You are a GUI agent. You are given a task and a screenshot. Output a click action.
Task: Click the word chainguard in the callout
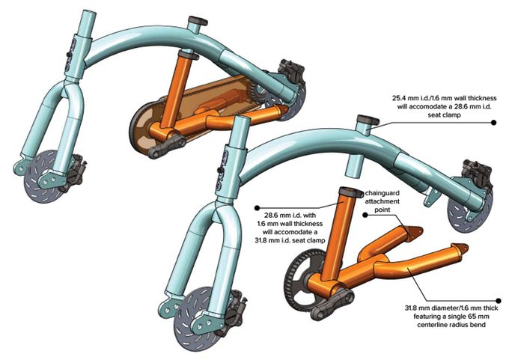click(x=382, y=193)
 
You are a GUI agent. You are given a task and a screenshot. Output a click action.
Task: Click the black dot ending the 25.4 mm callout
click(x=494, y=123)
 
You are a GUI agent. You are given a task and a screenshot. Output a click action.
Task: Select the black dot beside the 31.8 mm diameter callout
click(x=499, y=301)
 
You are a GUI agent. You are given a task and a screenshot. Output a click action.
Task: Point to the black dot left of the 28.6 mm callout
click(x=257, y=208)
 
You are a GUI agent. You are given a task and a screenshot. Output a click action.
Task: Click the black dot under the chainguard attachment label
click(x=365, y=215)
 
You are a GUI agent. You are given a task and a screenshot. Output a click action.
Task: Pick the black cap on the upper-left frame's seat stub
click(x=198, y=20)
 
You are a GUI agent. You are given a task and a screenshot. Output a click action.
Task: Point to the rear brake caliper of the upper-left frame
click(x=293, y=71)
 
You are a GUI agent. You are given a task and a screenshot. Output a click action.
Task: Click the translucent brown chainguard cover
click(x=195, y=107)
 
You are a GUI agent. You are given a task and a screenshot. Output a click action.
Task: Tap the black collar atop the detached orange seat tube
click(x=351, y=192)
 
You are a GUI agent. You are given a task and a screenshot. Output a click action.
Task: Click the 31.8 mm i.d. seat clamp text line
click(x=290, y=240)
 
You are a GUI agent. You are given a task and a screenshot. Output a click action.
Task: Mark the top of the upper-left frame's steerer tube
click(x=89, y=13)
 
